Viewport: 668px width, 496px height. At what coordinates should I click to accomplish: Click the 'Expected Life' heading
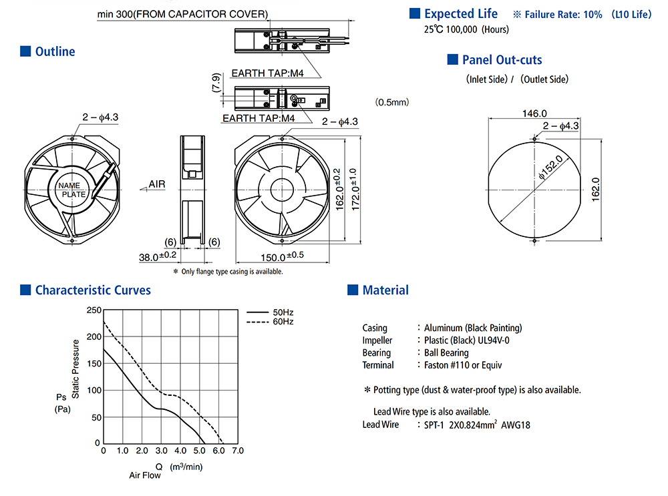click(x=461, y=13)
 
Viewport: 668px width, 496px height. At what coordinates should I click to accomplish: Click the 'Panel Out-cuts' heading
click(x=502, y=60)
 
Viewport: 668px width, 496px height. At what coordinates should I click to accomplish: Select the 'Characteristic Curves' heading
click(x=93, y=290)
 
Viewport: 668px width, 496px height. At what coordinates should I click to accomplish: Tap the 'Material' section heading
click(x=385, y=290)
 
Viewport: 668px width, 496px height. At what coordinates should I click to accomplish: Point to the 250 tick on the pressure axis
click(x=93, y=310)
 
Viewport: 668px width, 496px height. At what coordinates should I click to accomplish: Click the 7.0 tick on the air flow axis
click(x=237, y=451)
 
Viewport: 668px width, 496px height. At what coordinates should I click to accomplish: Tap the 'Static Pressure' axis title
click(x=75, y=369)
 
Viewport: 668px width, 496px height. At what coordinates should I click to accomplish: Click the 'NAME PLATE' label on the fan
click(x=69, y=190)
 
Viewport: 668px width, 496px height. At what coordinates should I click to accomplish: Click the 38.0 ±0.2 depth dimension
click(x=158, y=256)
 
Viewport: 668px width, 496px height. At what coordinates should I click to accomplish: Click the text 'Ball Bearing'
click(x=446, y=352)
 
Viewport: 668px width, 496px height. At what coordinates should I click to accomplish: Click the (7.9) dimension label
click(x=216, y=83)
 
